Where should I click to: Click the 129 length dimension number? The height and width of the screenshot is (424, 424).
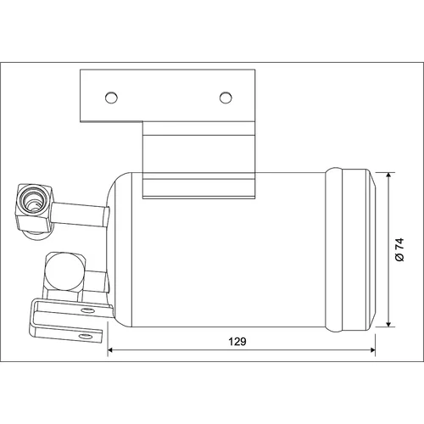click(x=237, y=342)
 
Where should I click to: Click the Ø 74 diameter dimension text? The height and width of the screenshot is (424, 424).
click(x=399, y=250)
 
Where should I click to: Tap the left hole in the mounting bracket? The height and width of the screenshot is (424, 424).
click(x=111, y=98)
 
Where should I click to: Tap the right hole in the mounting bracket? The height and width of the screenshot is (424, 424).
click(x=226, y=98)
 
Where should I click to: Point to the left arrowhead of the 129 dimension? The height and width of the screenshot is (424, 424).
click(x=110, y=350)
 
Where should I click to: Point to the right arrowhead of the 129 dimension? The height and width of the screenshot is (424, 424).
click(x=372, y=350)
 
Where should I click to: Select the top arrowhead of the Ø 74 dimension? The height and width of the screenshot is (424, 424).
click(x=389, y=176)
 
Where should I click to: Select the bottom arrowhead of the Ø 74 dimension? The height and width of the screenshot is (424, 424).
click(x=389, y=324)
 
